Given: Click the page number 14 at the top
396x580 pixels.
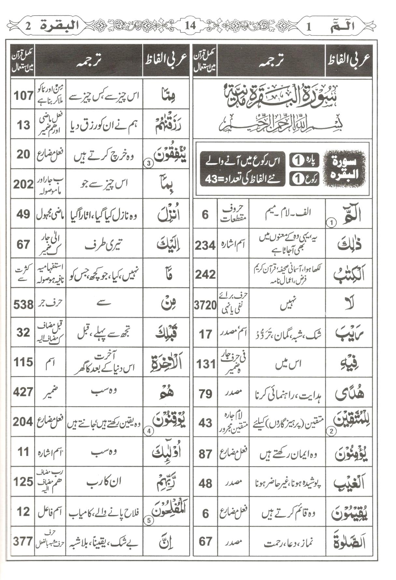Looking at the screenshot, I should click(x=191, y=25).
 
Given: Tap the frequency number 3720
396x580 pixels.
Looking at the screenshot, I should click(x=205, y=305).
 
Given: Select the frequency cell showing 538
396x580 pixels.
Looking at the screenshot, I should click(x=23, y=305).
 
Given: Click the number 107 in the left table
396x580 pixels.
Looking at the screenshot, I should click(x=23, y=96).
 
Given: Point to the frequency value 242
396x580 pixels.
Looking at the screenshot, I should click(x=205, y=275).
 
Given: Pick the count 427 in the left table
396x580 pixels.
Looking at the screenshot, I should click(x=23, y=392).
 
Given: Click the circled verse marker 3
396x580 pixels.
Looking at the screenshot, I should click(x=148, y=164).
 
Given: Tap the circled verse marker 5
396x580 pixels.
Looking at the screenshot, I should click(x=148, y=520).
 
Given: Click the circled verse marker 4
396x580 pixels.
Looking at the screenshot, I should click(x=148, y=431).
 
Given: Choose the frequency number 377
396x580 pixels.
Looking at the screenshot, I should click(x=23, y=541).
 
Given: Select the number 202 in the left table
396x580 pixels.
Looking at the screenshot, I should click(x=23, y=184).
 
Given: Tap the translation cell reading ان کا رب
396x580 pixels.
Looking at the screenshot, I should click(x=104, y=481).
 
